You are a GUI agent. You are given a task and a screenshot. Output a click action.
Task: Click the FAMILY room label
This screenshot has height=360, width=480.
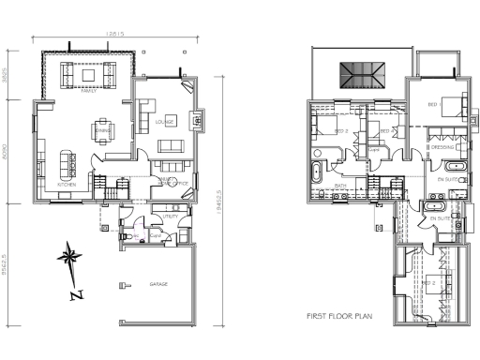[x=89, y=93]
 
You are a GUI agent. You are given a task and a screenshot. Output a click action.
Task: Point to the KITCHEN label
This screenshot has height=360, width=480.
[x=67, y=186]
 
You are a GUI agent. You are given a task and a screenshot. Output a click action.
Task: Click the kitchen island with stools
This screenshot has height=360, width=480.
[x=67, y=163]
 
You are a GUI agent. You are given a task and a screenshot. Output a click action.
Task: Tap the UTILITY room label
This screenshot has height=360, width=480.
[x=170, y=217]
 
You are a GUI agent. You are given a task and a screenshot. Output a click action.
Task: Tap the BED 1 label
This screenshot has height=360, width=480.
[x=432, y=104]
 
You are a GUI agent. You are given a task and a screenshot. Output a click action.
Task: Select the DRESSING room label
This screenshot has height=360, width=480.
[x=441, y=147]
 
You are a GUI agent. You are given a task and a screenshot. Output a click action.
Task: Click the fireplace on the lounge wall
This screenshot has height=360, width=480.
[x=198, y=119]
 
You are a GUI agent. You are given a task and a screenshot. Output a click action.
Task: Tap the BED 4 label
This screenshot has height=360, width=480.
[x=370, y=131]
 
